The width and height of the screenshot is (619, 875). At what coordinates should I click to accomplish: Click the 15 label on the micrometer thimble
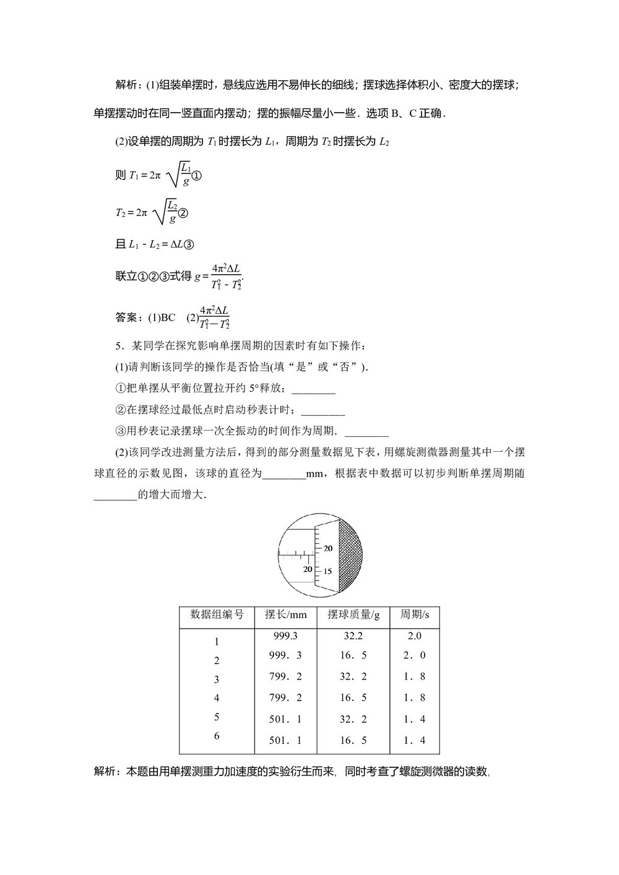[327, 571]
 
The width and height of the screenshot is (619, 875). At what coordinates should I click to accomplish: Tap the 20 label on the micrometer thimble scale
[327, 548]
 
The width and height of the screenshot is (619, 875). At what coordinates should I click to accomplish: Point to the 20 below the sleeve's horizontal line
[308, 569]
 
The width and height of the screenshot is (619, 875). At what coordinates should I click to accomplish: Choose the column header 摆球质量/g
[353, 614]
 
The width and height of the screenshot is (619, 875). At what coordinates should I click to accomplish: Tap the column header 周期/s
[415, 614]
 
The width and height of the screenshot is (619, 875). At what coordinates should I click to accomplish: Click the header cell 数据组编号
[217, 614]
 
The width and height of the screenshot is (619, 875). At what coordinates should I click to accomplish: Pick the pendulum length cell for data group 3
[285, 676]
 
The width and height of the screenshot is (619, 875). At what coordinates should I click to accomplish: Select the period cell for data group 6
[415, 740]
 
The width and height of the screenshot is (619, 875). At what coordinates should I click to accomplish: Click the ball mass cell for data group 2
[353, 655]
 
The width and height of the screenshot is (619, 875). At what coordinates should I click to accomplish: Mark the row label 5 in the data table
[217, 717]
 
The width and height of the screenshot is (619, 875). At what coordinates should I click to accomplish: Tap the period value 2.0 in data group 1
[415, 636]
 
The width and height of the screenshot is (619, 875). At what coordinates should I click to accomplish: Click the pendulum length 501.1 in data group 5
[285, 719]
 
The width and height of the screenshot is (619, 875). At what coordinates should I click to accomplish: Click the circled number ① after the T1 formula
[197, 176]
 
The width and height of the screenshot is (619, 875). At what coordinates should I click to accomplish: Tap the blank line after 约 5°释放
[313, 389]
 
